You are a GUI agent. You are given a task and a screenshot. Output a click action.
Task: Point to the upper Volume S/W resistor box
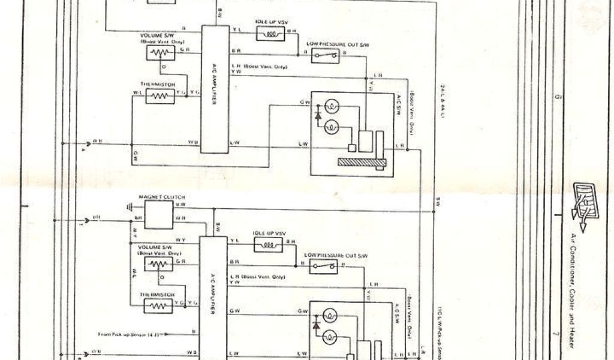(x=159, y=53)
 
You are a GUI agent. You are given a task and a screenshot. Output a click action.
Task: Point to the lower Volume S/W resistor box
(x=159, y=264)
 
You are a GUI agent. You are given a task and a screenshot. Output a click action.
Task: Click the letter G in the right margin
(x=558, y=97)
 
